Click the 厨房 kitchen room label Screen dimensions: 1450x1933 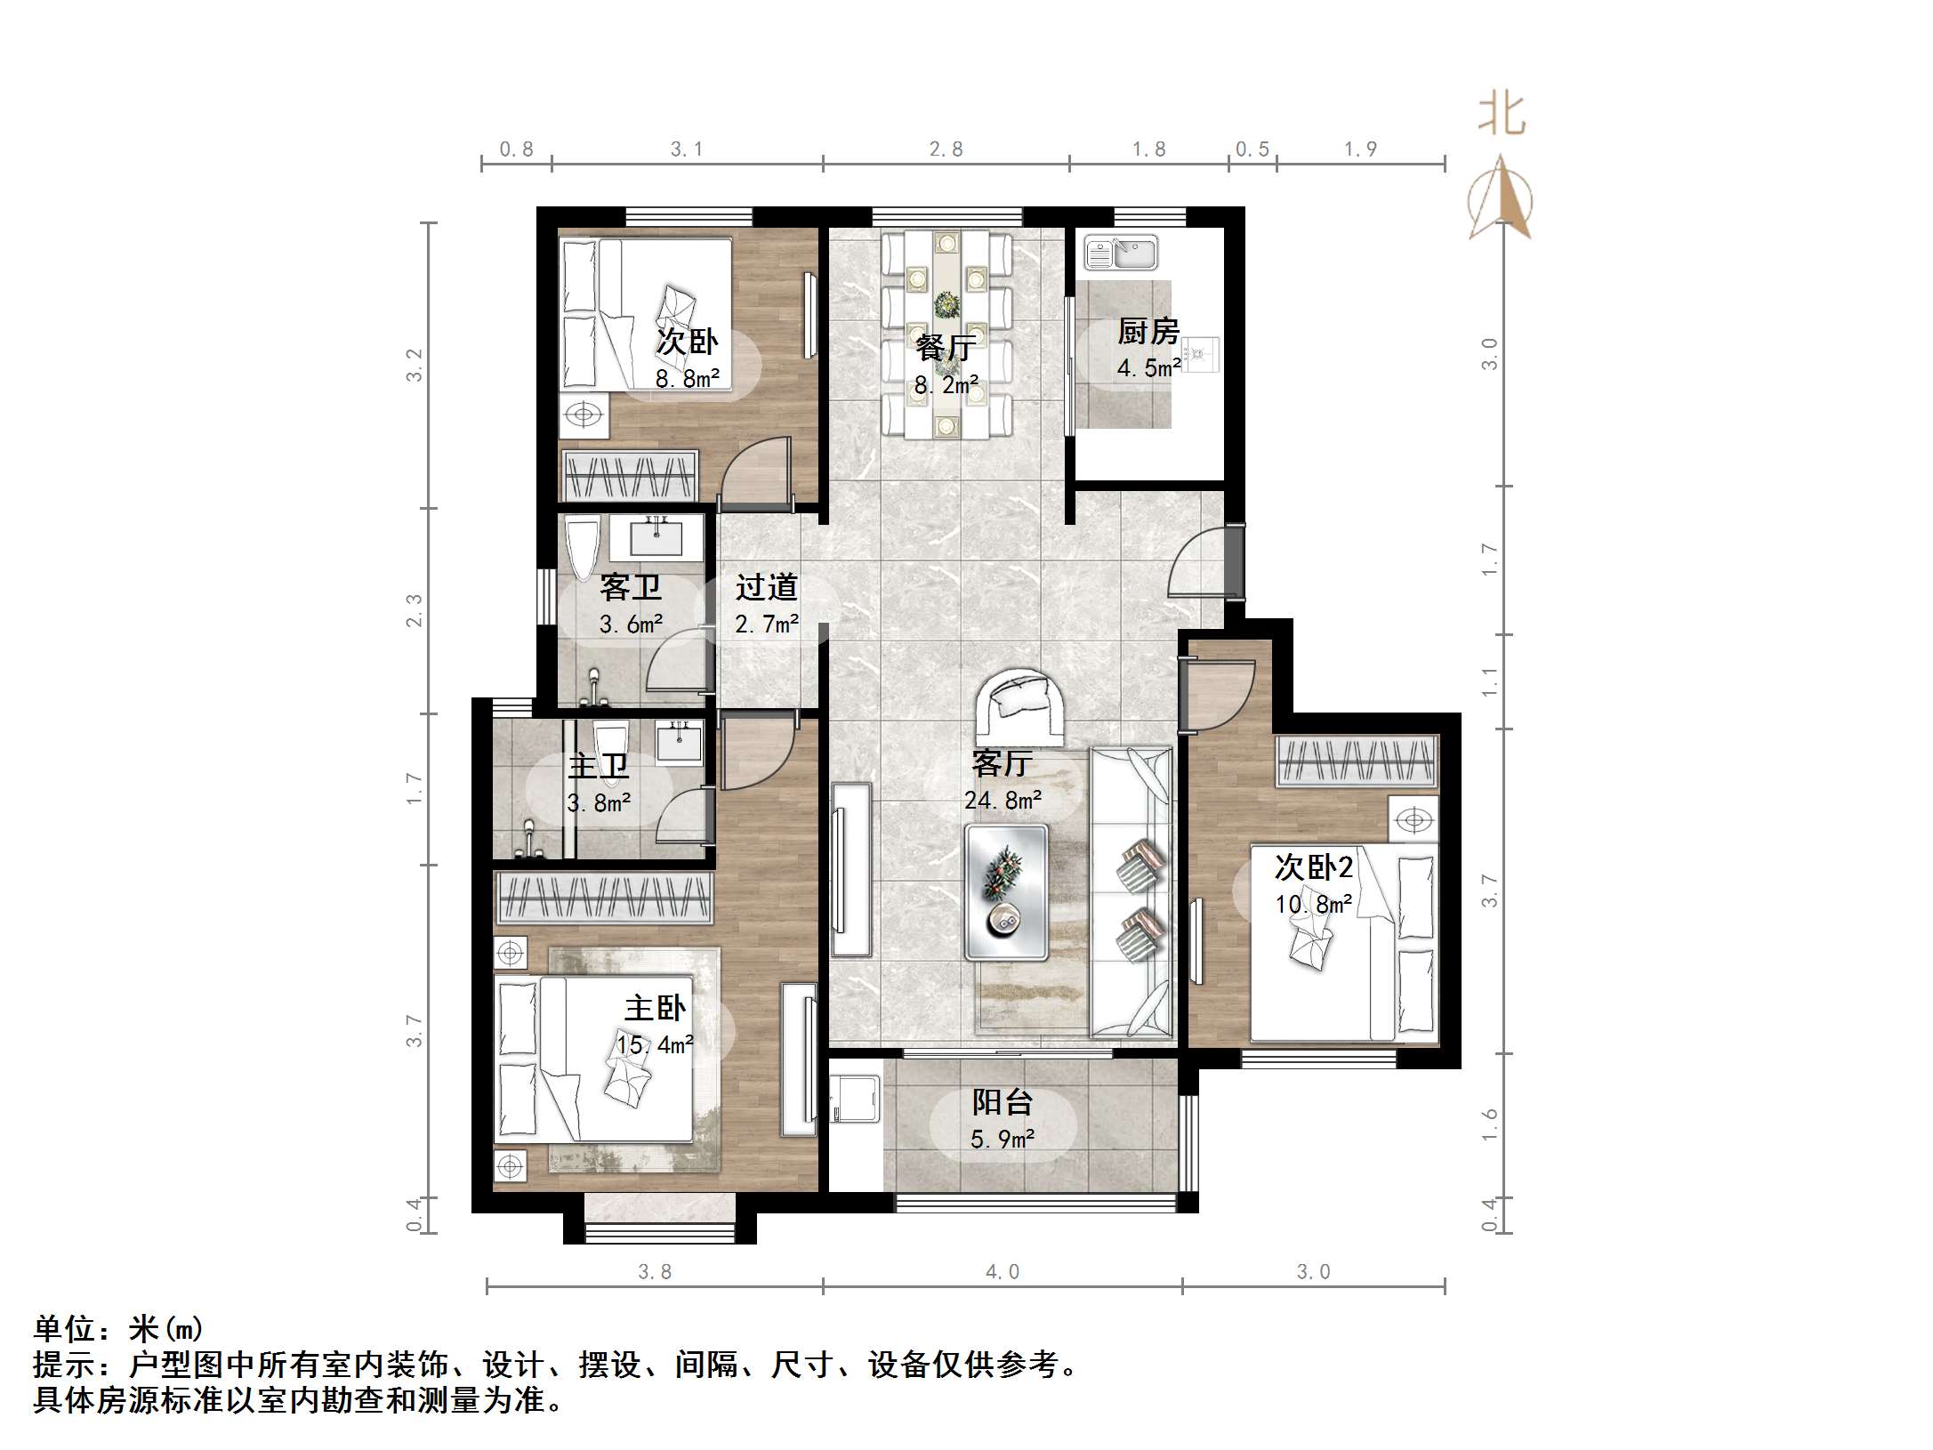coord(1148,332)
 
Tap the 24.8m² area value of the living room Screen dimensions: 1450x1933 coord(1003,801)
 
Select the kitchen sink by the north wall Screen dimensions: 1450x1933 coord(1121,253)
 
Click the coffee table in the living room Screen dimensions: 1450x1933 coord(1007,892)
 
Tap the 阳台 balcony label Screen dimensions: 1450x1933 coord(1002,1102)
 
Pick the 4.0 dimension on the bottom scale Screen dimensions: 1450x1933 coord(1002,1272)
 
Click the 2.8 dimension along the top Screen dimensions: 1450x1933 coord(946,149)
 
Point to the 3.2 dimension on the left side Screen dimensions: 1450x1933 coord(415,365)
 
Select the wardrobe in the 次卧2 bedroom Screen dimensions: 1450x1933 coord(1357,761)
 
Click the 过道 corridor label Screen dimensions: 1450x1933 coord(766,587)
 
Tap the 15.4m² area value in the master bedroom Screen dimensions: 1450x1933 coord(655,1044)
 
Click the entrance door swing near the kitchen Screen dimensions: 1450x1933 coord(1196,562)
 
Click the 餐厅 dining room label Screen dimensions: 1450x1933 coord(946,348)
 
